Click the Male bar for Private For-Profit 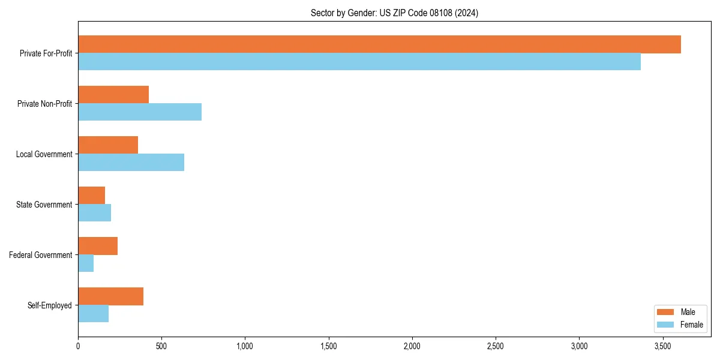pos(379,44)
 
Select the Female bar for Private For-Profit pos(359,62)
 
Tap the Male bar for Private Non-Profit pos(113,95)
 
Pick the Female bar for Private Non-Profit pos(140,112)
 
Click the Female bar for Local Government pos(131,163)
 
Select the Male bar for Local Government pos(108,145)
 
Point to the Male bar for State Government pos(91,196)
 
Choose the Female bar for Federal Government pos(86,263)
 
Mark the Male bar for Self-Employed pos(110,296)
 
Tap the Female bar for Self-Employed pos(93,314)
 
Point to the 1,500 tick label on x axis pos(328,346)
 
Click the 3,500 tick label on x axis pos(662,346)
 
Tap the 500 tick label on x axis pos(161,346)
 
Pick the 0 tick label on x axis pos(78,346)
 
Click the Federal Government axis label pos(41,255)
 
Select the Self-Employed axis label pos(50,305)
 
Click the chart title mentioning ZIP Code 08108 pos(394,13)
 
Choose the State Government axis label pos(44,205)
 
